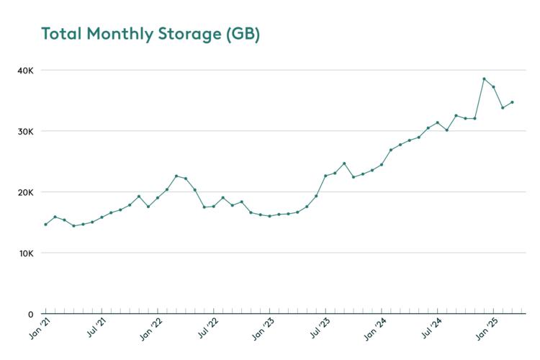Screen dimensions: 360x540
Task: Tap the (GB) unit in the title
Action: (x=242, y=34)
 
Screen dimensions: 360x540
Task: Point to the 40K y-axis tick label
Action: (x=26, y=71)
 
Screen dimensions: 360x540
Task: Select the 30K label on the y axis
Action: (x=26, y=131)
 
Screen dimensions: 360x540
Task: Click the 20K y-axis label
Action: (x=26, y=192)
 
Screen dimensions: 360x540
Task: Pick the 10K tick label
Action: (x=26, y=253)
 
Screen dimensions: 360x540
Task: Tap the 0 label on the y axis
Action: (x=30, y=314)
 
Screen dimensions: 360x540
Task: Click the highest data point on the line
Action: (x=484, y=79)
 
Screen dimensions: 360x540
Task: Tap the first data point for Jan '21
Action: (x=45, y=225)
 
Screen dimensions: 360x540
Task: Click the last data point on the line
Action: (x=512, y=102)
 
